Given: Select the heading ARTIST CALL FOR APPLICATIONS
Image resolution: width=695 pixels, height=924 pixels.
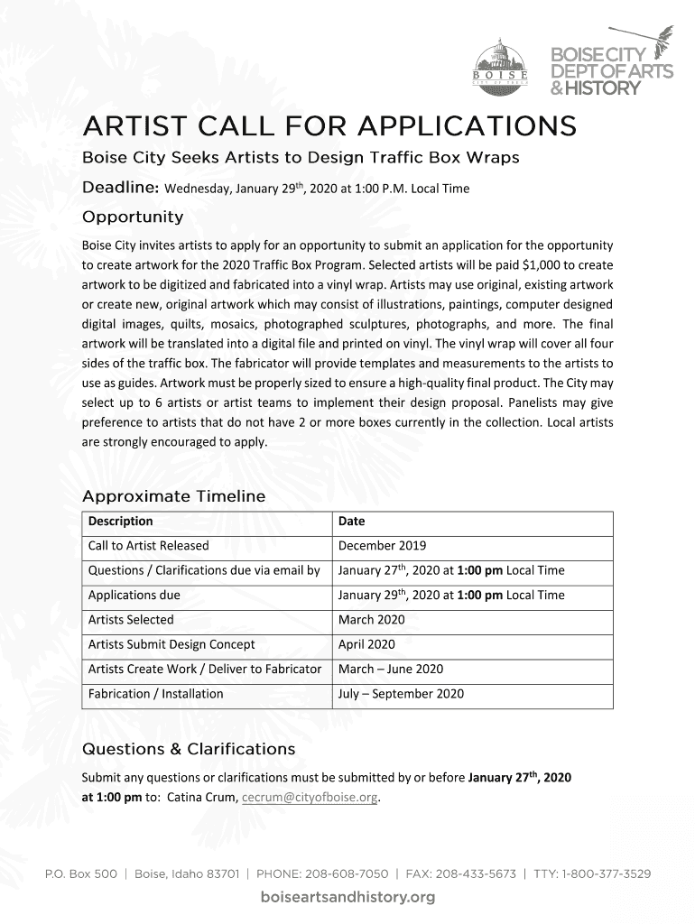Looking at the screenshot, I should [329, 125].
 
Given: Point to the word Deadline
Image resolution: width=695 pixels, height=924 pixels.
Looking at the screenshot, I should [121, 188].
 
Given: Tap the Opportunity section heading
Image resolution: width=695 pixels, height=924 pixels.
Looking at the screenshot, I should [133, 217].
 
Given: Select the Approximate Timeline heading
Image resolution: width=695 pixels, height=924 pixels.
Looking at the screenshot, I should [173, 496].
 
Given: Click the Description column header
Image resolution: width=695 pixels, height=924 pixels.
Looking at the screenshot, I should [121, 522].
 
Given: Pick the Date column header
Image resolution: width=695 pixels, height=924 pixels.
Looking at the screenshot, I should [351, 522].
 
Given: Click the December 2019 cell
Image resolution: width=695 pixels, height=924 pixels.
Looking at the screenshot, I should [382, 546].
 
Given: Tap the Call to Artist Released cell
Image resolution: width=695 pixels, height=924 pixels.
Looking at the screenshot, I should [148, 546].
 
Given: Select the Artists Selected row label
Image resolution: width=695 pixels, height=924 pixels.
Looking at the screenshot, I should [131, 620].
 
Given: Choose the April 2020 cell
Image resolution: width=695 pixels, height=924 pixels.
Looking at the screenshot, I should [366, 644].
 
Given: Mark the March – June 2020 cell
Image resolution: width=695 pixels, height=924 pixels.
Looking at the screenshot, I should [391, 669].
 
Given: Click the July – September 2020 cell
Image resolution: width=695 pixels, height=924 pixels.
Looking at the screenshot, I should [401, 694].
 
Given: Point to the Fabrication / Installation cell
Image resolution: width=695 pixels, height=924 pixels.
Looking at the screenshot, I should [155, 694].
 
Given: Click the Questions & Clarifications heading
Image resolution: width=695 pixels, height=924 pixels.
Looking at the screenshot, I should [188, 749].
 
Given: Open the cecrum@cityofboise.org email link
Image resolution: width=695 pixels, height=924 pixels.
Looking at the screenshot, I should [310, 798].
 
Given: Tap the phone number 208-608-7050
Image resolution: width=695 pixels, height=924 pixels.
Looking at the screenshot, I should [344, 874].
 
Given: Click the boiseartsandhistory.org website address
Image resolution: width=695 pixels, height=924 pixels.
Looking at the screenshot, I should [347, 898].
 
